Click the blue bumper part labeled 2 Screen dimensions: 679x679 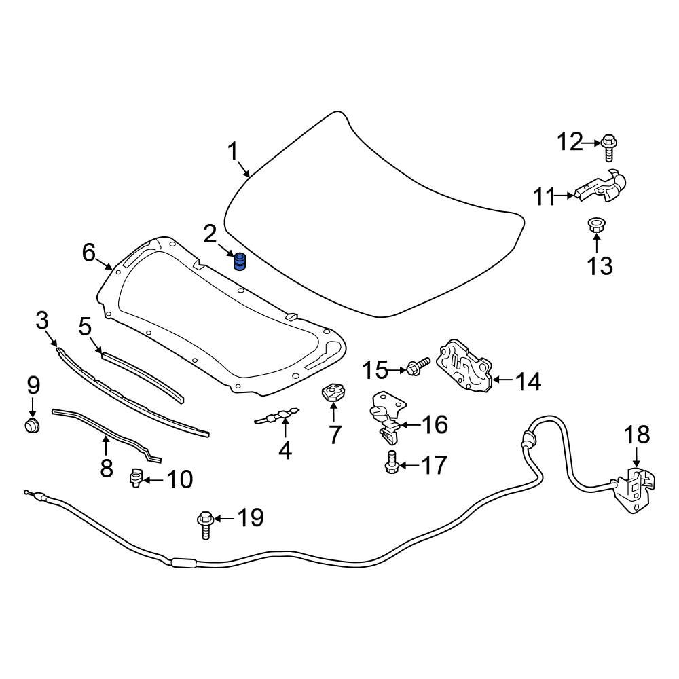[240, 261]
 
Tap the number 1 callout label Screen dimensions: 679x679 [233, 151]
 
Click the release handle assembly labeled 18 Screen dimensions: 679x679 [632, 488]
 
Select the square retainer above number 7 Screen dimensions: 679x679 [333, 393]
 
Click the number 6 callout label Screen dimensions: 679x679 [88, 253]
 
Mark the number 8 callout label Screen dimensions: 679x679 [107, 467]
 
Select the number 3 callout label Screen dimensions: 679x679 [42, 319]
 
